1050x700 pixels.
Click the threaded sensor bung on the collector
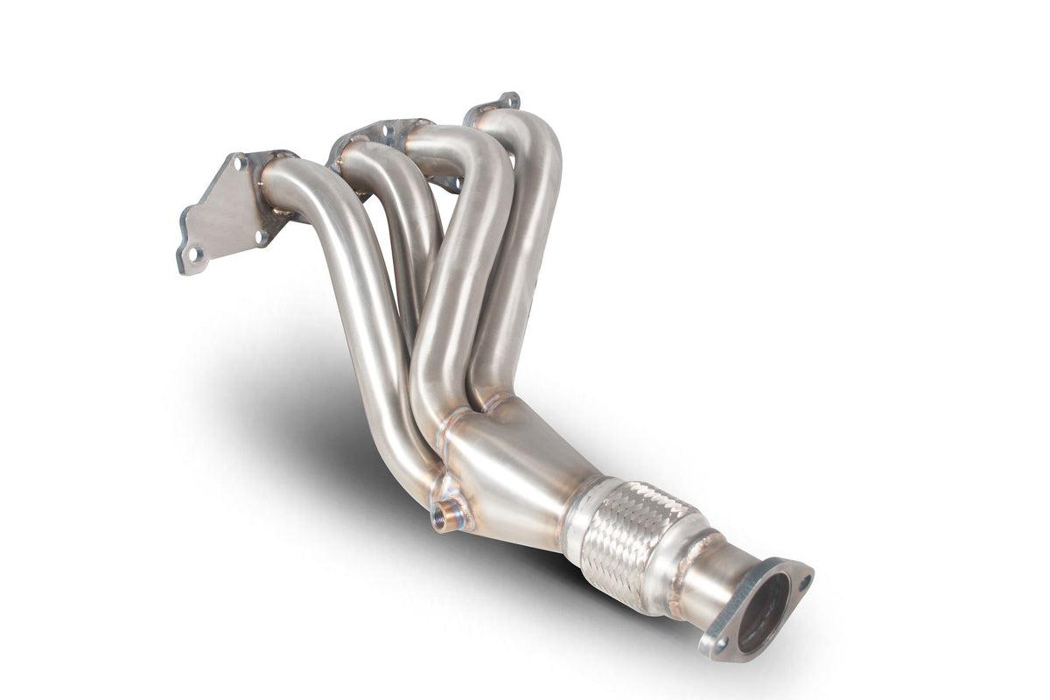(448, 516)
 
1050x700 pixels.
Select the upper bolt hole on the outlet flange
(803, 581)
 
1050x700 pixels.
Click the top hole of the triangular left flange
(237, 162)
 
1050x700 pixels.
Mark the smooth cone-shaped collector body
(516, 472)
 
